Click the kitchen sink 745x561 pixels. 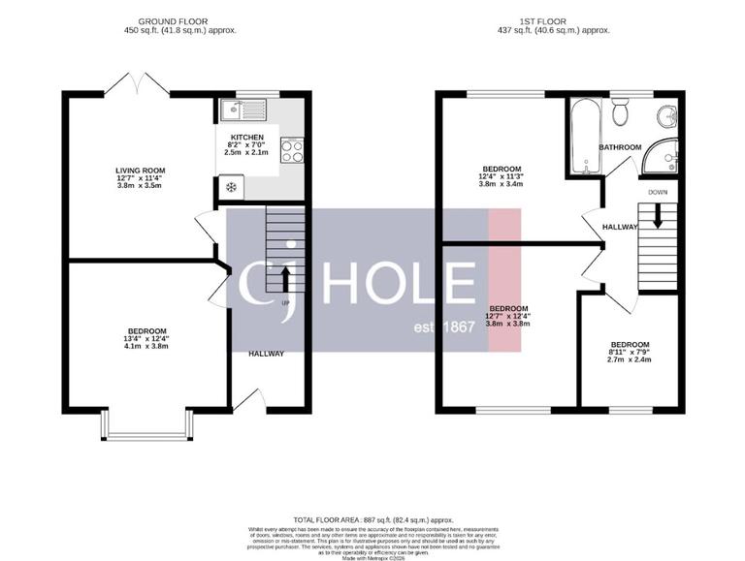point(236,109)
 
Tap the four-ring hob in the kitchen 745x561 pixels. point(291,150)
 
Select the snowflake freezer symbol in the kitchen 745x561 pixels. point(231,187)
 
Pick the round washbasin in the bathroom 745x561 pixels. point(665,117)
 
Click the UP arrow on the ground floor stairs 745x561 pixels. point(284,282)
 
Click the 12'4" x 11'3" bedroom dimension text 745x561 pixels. point(502,177)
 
